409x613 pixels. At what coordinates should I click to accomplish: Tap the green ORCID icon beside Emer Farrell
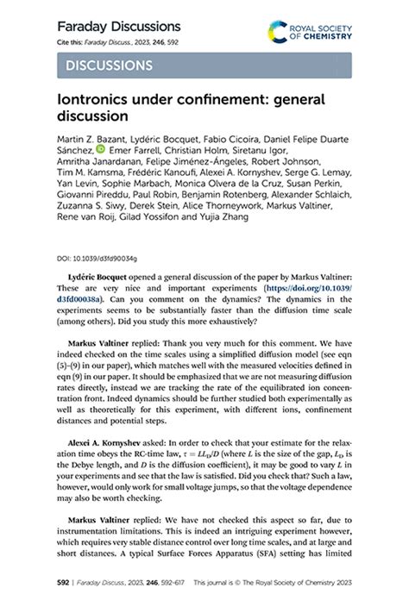[x=101, y=150]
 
